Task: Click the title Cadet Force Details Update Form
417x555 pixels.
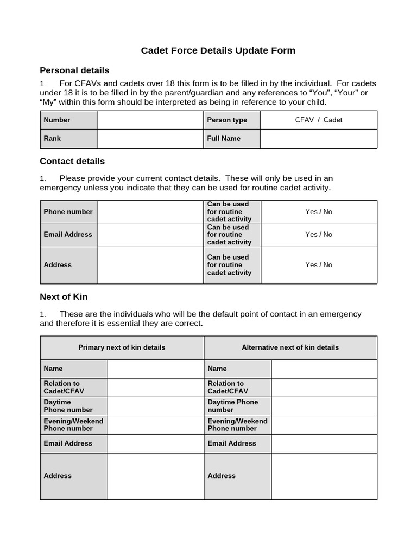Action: [218, 50]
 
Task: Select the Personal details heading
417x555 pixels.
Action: [74, 70]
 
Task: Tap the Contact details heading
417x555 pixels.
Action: [72, 161]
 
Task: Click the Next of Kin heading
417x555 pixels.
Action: [64, 296]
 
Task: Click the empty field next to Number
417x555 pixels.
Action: [150, 120]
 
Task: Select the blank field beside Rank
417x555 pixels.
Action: [150, 138]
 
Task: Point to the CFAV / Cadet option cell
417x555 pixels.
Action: [318, 120]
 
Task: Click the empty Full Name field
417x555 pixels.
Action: [318, 138]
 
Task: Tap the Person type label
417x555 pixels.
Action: [227, 120]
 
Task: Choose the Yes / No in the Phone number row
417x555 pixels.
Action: [319, 211]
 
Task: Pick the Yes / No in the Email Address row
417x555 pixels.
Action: [319, 234]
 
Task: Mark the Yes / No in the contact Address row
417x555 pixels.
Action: [319, 264]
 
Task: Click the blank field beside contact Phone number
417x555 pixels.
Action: [150, 211]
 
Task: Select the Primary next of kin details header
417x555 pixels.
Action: [122, 347]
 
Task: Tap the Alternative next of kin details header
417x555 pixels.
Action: [290, 347]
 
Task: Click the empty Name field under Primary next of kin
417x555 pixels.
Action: [155, 369]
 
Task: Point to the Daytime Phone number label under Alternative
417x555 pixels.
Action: [232, 406]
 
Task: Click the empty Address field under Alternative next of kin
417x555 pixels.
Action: [324, 476]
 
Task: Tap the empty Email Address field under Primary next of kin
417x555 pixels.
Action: [155, 443]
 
